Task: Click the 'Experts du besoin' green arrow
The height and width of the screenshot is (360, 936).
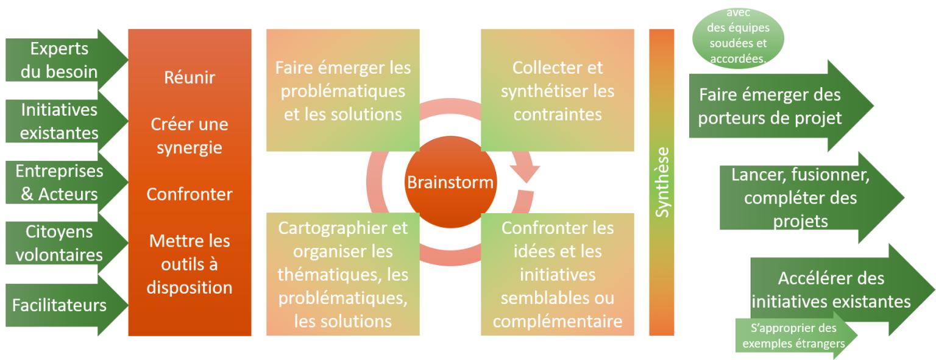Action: point(60,60)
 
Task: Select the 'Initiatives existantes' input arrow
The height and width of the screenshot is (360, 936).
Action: point(60,121)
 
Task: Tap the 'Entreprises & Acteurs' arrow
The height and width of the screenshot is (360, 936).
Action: point(60,182)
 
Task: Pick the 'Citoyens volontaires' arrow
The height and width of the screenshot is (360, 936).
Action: point(60,243)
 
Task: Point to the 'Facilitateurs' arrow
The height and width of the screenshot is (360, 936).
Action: point(60,305)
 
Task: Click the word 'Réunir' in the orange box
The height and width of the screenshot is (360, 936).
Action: point(190,78)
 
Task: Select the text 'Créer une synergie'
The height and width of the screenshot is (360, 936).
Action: point(190,135)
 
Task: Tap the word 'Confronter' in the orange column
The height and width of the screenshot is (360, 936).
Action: point(190,194)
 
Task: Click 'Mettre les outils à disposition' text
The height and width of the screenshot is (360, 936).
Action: point(190,264)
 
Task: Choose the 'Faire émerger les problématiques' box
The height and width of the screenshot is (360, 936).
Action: point(343,90)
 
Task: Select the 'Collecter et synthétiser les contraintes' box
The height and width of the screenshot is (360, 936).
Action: point(558,90)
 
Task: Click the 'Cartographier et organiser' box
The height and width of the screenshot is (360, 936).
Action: point(343,274)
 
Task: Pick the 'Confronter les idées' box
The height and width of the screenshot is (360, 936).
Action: point(558,274)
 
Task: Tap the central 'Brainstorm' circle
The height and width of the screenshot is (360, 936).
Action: point(450,182)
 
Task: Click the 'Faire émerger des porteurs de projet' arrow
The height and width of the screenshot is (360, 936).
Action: point(774,105)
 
